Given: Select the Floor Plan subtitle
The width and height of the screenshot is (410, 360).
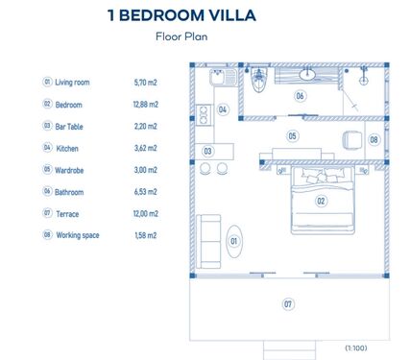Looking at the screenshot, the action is click(181, 36).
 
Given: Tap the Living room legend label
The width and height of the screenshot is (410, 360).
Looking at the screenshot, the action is click(72, 83).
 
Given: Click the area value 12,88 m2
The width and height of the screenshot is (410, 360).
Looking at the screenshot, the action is click(146, 105).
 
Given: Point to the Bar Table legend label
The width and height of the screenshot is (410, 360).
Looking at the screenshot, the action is click(69, 127).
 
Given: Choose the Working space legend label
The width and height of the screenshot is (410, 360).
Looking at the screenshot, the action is click(78, 235).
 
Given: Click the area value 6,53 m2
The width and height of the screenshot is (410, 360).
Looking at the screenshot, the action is click(146, 192).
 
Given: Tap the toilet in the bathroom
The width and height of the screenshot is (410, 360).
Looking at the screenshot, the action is click(259, 79).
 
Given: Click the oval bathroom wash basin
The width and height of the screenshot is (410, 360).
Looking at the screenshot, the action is click(307, 75).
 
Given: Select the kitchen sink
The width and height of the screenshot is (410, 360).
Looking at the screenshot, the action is click(223, 78).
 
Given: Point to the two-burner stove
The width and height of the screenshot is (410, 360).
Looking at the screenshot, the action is click(204, 115).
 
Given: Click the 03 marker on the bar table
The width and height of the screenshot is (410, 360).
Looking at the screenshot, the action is click(207, 151).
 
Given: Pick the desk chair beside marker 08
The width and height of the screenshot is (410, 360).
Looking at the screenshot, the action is click(352, 140).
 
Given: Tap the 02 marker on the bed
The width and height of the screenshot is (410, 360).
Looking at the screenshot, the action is click(321, 201).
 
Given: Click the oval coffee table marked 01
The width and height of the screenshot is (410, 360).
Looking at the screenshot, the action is click(234, 241).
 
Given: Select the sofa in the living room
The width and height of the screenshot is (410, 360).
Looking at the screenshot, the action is click(208, 241).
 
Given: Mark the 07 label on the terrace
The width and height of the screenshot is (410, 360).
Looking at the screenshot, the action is click(288, 303).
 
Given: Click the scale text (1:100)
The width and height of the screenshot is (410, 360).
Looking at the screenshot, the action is click(356, 348).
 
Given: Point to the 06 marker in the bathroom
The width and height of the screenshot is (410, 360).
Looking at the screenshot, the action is click(300, 96).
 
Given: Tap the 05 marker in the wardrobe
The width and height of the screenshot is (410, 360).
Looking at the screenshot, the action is click(292, 136).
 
